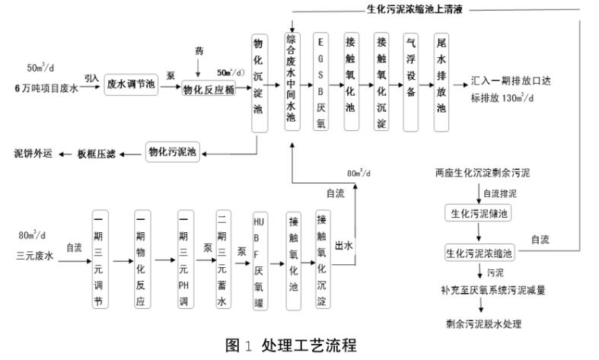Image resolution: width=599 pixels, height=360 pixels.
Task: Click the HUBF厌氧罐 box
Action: point(259,259)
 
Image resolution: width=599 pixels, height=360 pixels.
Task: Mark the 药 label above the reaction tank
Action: point(199,51)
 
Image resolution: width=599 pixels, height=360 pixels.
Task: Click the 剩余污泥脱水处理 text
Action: point(484,325)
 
